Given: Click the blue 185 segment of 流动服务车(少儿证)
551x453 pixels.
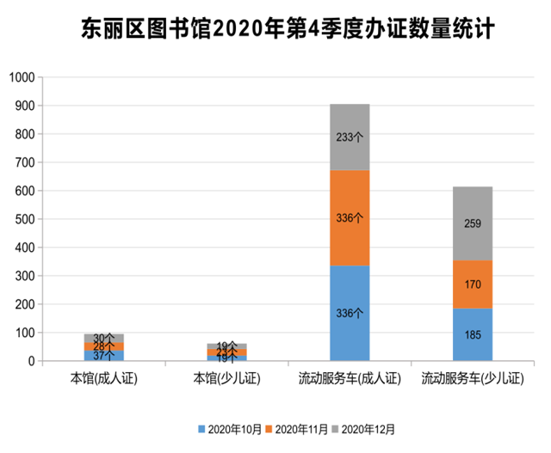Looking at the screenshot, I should (472, 334).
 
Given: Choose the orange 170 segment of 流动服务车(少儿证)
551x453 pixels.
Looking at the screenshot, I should (472, 285).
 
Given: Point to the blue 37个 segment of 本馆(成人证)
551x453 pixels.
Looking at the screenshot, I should (103, 355).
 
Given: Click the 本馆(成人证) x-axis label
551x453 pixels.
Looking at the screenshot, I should (103, 377).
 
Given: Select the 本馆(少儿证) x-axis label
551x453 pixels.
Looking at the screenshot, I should (226, 377).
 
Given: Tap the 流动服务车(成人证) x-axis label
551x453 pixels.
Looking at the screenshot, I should (350, 377).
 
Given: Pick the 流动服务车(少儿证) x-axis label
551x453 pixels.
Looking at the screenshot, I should (472, 377).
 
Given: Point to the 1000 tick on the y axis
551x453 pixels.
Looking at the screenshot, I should (20, 77).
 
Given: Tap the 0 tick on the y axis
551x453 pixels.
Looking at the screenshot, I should (30, 361).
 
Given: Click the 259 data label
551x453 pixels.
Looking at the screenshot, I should (472, 223).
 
